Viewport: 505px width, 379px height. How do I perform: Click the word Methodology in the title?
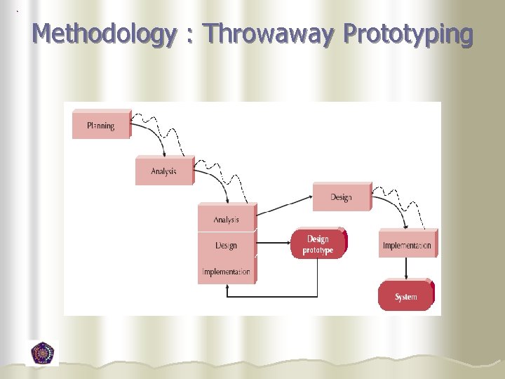click(x=103, y=34)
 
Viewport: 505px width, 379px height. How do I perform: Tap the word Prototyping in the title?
click(x=409, y=34)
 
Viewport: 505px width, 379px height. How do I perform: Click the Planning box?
click(x=101, y=126)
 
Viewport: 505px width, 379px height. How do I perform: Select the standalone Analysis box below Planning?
click(x=163, y=171)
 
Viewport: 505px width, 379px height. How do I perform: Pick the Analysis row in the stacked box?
click(x=226, y=220)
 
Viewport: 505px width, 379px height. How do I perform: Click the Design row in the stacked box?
click(x=226, y=246)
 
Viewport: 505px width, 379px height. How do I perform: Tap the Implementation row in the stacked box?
click(x=226, y=272)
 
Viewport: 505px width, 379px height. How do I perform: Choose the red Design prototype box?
click(x=318, y=244)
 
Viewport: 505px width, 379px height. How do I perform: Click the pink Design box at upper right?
click(x=341, y=197)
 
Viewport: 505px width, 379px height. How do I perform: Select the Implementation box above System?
click(x=407, y=245)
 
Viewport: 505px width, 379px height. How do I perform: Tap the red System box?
click(x=405, y=296)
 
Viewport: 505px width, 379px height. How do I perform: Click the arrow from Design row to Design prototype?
click(x=274, y=246)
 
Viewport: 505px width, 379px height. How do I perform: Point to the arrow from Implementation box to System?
click(x=407, y=269)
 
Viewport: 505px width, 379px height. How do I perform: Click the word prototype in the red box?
click(x=318, y=251)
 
